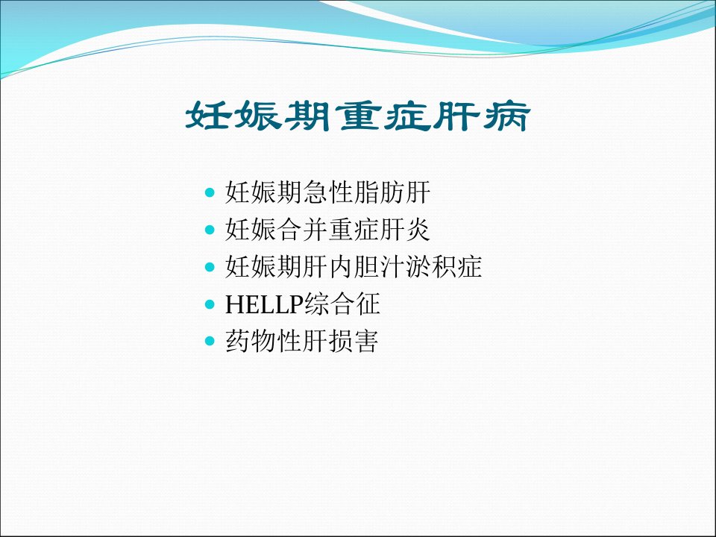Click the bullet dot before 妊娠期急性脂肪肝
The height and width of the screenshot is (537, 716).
210,192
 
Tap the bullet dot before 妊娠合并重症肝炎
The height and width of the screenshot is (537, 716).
210,229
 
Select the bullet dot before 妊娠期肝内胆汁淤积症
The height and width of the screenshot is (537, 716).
210,267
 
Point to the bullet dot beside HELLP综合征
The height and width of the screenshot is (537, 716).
210,304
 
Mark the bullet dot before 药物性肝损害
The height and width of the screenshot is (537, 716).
210,341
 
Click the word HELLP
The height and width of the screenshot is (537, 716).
264,304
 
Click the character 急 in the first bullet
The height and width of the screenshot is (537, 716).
315,192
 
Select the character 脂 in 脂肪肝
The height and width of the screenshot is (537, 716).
366,192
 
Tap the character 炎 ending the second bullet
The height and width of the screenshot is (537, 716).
418,229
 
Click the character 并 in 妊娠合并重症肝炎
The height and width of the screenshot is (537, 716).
315,229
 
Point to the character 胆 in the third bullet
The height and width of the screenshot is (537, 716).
366,267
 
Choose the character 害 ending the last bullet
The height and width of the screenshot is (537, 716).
366,341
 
